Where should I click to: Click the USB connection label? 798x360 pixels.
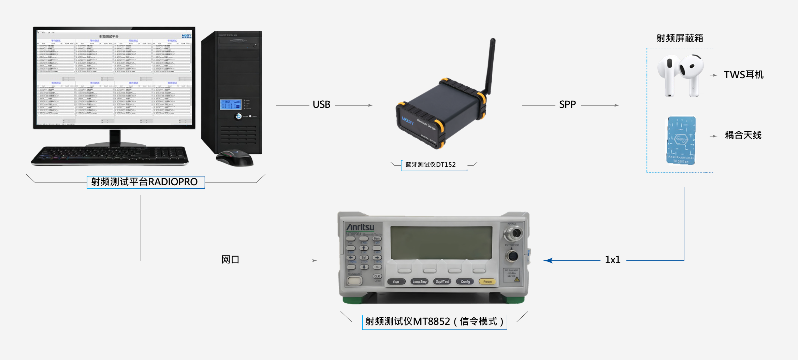coord(321,104)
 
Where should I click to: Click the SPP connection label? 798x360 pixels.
coord(567,104)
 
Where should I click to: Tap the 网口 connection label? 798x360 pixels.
coord(230,260)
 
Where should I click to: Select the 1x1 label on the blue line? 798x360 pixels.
coord(612,260)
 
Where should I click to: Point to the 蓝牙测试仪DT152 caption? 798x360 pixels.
coord(431,165)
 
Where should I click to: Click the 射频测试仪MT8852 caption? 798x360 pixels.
coord(434,321)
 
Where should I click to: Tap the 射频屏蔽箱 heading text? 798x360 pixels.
coord(680,38)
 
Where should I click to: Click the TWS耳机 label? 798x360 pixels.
coord(744,75)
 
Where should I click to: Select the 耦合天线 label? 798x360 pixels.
coord(743,135)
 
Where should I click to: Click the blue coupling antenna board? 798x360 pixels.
coord(681,140)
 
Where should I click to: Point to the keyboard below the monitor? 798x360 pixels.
coord(110,156)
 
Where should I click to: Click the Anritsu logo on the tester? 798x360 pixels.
coord(360,227)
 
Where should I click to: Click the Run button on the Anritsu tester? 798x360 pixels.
coord(396,282)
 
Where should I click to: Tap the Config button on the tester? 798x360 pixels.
coord(465,282)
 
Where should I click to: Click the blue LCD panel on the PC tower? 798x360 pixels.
coord(231,104)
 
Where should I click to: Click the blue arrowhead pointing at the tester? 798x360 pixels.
coord(548,261)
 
